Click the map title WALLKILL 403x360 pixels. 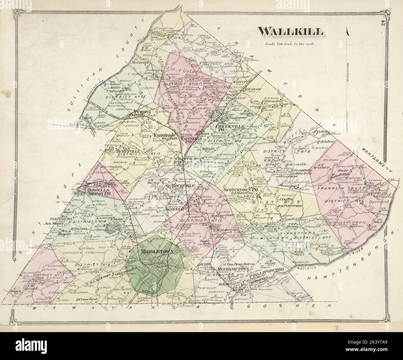(x=291, y=32)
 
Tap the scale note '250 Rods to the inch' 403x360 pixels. (x=290, y=44)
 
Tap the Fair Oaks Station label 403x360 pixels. (x=165, y=137)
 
